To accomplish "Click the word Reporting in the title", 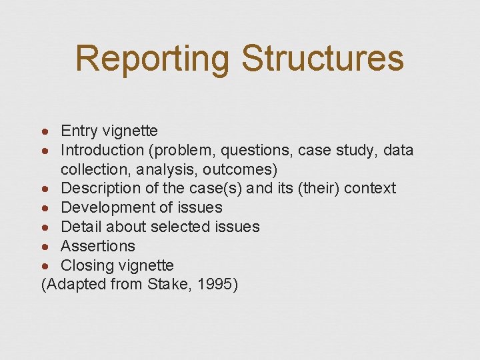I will [x=153, y=58].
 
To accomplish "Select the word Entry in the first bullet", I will [x=79, y=131].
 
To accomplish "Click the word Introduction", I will [x=103, y=150].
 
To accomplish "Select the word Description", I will [x=101, y=189].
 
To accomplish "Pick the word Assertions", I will [x=98, y=246].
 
